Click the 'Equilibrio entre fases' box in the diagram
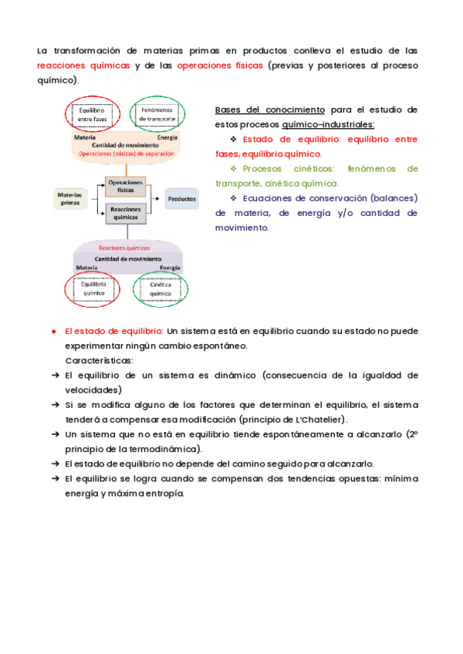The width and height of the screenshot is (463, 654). click(x=92, y=115)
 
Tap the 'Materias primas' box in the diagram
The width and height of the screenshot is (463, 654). click(x=69, y=198)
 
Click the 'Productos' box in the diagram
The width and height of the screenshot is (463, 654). click(x=181, y=199)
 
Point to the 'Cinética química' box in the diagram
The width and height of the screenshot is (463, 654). click(x=160, y=289)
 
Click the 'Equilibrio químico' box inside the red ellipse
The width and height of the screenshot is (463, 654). click(x=92, y=289)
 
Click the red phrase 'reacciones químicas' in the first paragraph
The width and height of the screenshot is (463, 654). click(x=83, y=66)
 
